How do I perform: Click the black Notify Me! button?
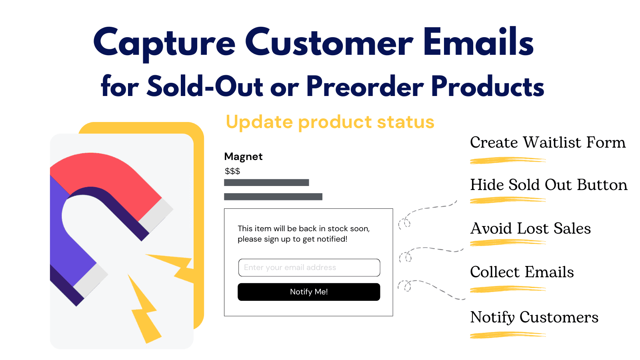pos(309,292)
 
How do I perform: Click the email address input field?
pos(309,268)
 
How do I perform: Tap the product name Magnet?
pos(243,156)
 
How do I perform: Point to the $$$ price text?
pos(232,171)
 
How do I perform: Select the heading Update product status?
pos(330,122)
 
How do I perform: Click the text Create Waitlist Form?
pos(548,142)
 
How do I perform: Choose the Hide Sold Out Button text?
pos(549,185)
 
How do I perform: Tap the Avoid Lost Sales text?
pos(530,228)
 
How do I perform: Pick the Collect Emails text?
pos(522,272)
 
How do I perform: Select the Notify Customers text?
pos(534,317)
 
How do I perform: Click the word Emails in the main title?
pos(478,42)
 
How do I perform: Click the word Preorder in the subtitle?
pos(365,86)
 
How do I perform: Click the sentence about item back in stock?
pos(304,234)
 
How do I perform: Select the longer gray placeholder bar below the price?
pos(273,197)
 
